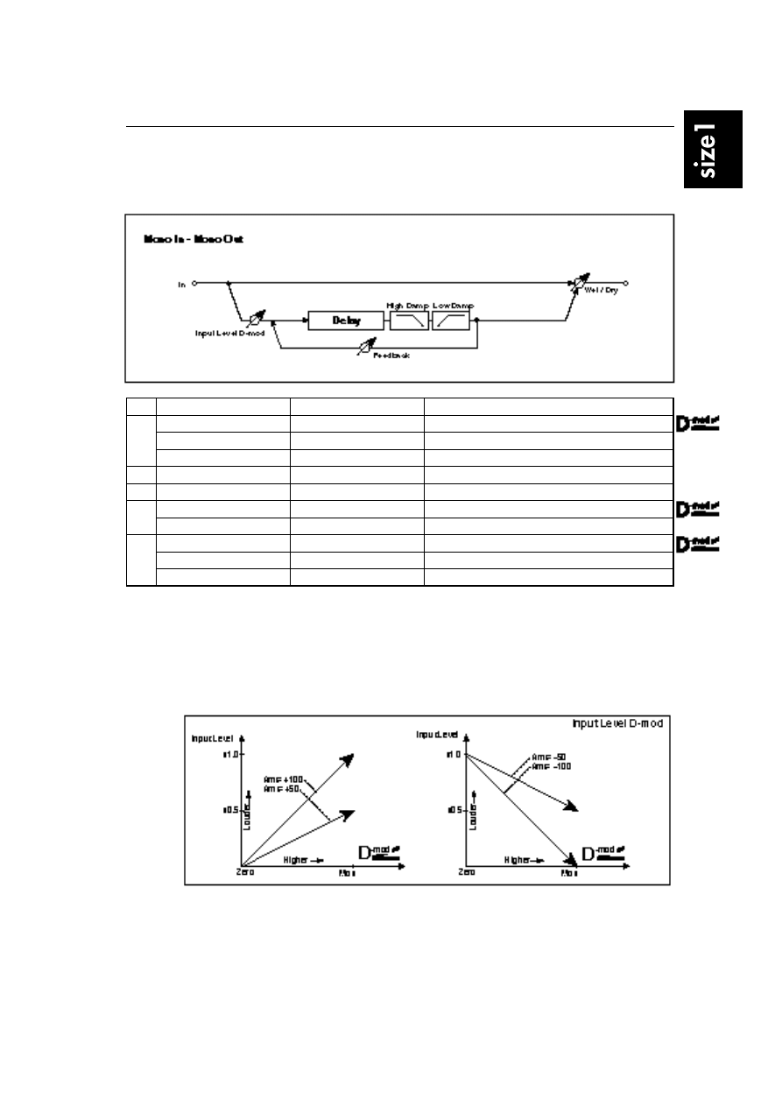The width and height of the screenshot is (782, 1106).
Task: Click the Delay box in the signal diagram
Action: coord(346,321)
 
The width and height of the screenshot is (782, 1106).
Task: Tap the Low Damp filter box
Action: coord(451,321)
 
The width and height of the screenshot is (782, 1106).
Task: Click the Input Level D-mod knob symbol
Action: coord(258,319)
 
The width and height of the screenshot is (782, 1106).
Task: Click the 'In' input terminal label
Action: coord(182,284)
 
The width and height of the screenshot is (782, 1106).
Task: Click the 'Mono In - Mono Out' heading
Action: coord(193,239)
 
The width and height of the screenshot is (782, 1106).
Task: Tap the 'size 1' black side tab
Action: coord(713,149)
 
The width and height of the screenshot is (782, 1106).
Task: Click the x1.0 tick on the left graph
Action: coord(232,753)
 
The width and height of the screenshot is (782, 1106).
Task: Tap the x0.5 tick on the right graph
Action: coord(455,810)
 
